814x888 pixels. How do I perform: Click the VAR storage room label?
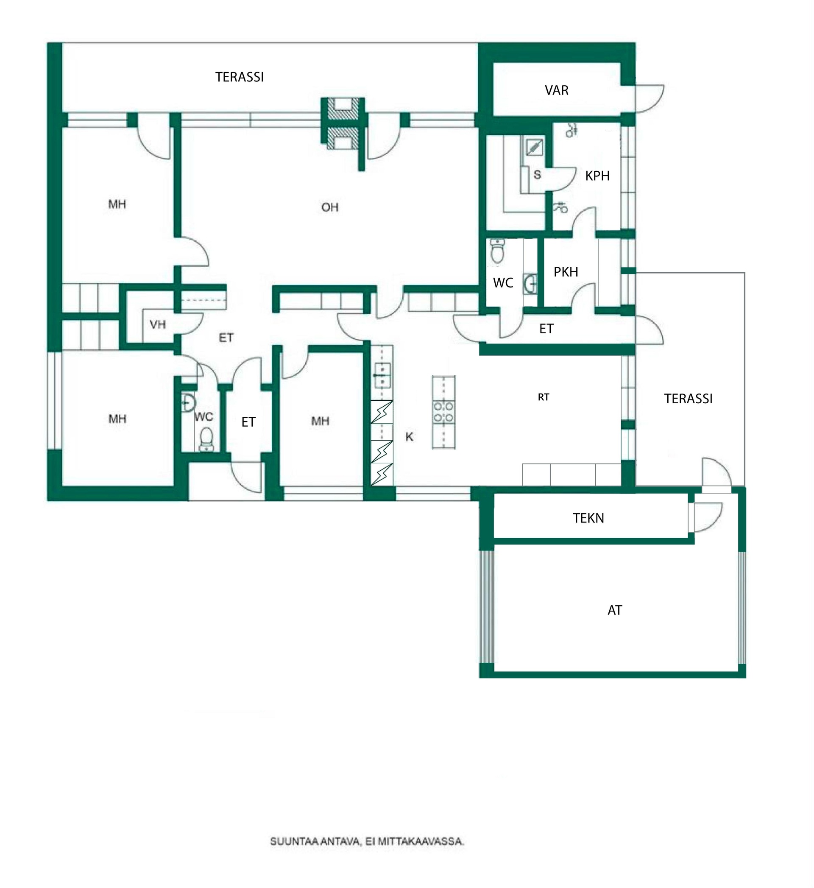pos(556,90)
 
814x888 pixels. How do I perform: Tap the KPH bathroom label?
pos(597,176)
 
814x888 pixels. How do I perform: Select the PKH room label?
pos(566,272)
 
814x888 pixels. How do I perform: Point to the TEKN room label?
pos(588,518)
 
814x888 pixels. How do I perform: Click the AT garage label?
pos(614,610)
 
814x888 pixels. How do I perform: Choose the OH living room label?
pos(330,207)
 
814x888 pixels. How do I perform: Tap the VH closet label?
pos(158,325)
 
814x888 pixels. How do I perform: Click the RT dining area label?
pos(544,397)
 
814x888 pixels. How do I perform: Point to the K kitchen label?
pos(409,436)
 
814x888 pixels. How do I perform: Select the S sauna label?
pos(537,174)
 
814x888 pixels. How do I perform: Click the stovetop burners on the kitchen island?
pos(443,412)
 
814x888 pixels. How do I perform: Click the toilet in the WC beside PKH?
pos(497,251)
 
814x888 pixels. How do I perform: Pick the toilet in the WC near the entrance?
pos(206,440)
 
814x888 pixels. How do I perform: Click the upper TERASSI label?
pos(239,77)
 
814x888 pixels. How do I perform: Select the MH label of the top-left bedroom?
pos(117,204)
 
